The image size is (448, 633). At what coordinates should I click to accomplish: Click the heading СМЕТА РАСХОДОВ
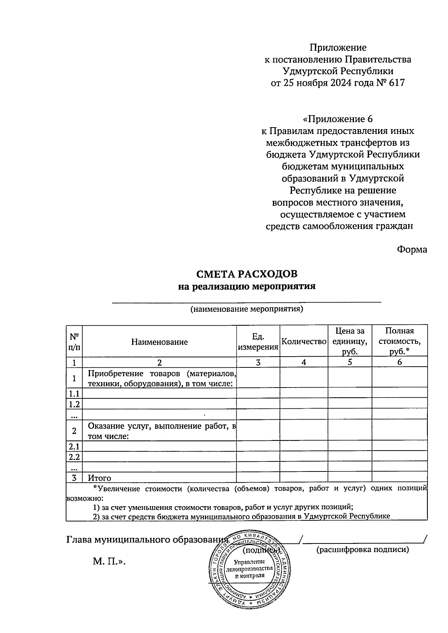(247, 274)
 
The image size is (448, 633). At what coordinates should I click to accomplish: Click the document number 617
(396, 83)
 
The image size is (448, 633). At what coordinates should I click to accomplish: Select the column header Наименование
(159, 342)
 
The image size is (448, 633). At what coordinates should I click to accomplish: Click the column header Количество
(304, 341)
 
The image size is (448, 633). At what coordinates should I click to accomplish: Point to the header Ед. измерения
(258, 342)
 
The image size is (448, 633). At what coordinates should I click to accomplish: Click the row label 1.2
(74, 404)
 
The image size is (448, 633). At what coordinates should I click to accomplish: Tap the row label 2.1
(74, 446)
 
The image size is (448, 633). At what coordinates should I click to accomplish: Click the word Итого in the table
(99, 478)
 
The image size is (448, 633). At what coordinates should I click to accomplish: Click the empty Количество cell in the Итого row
(304, 477)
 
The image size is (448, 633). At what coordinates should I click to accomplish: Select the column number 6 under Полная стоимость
(399, 362)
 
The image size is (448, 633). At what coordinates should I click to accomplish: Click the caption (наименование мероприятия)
(246, 309)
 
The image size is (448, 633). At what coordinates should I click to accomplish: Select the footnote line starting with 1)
(223, 507)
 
